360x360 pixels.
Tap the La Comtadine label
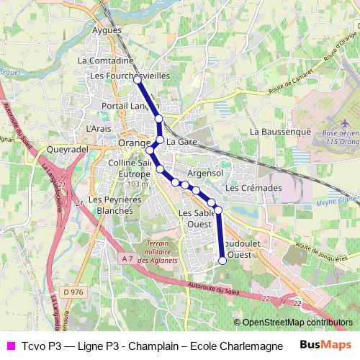click(102, 62)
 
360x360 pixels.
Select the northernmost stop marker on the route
click(137, 79)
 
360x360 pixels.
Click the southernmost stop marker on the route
click(222, 261)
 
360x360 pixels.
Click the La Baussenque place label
click(280, 132)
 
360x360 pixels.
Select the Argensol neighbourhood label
click(204, 174)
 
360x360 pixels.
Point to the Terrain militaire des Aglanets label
click(157, 251)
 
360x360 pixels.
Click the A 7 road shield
click(127, 258)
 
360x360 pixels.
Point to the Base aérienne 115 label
click(341, 138)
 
